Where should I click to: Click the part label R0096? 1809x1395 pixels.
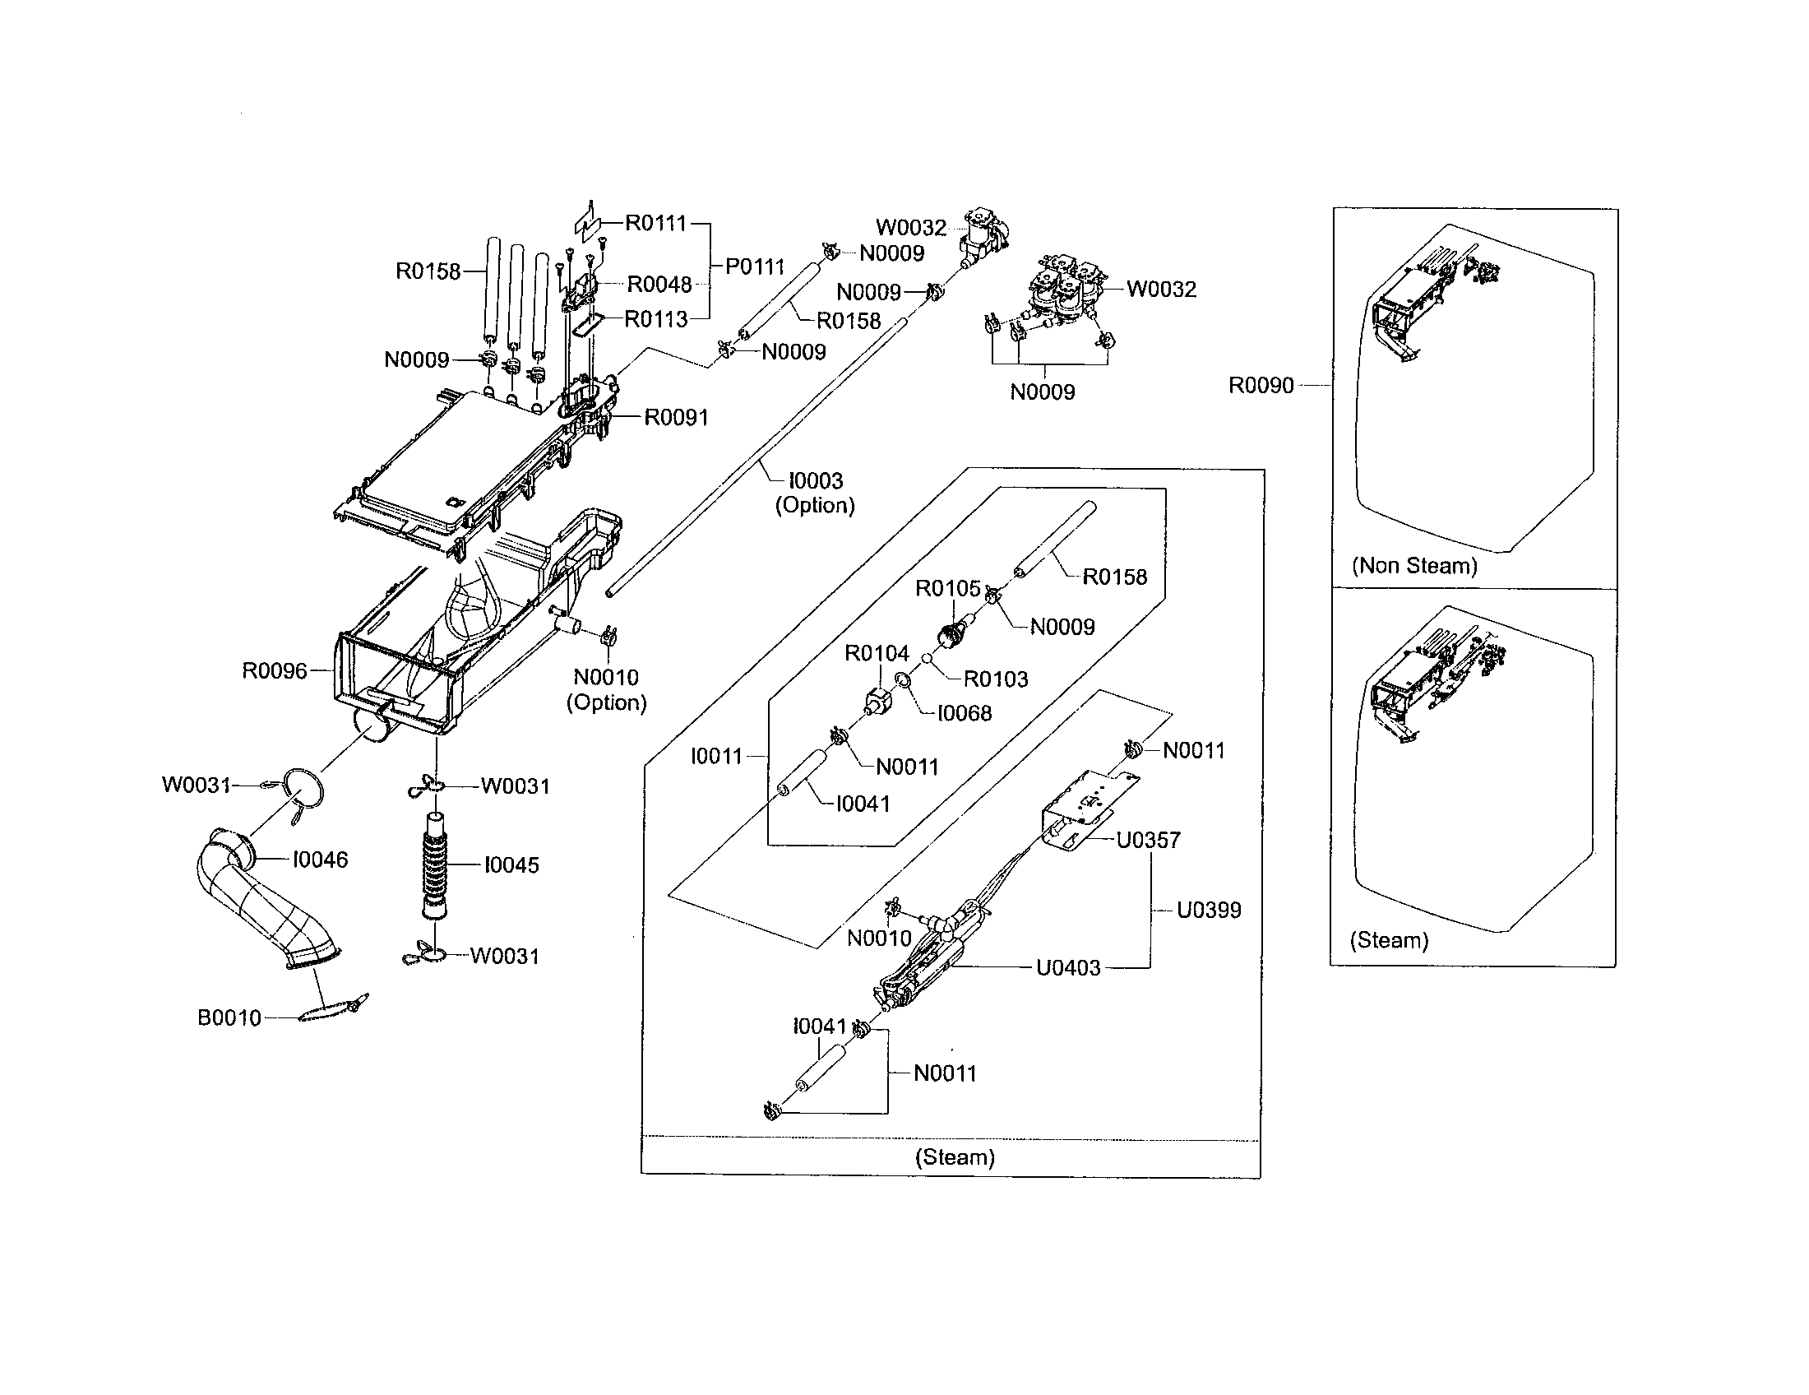click(273, 671)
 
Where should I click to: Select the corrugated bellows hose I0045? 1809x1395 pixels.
click(434, 866)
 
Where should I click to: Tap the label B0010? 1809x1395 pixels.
click(229, 1018)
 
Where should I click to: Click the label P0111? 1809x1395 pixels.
click(754, 266)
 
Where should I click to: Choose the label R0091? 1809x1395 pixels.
click(676, 418)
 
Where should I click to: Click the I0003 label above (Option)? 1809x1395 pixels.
click(815, 480)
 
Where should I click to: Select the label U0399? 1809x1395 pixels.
click(1209, 911)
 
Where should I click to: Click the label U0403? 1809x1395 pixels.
click(1067, 967)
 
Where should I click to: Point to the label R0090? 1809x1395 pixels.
click(1260, 386)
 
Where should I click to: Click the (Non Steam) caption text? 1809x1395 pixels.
click(1414, 566)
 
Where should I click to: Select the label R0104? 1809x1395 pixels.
click(877, 654)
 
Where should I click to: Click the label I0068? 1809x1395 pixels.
click(965, 713)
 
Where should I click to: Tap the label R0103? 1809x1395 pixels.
click(995, 679)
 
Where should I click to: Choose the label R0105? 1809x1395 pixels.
click(946, 589)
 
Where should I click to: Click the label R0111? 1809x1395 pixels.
click(655, 223)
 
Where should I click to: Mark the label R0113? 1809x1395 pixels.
click(655, 319)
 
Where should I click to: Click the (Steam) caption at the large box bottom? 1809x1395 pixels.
click(954, 1157)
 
